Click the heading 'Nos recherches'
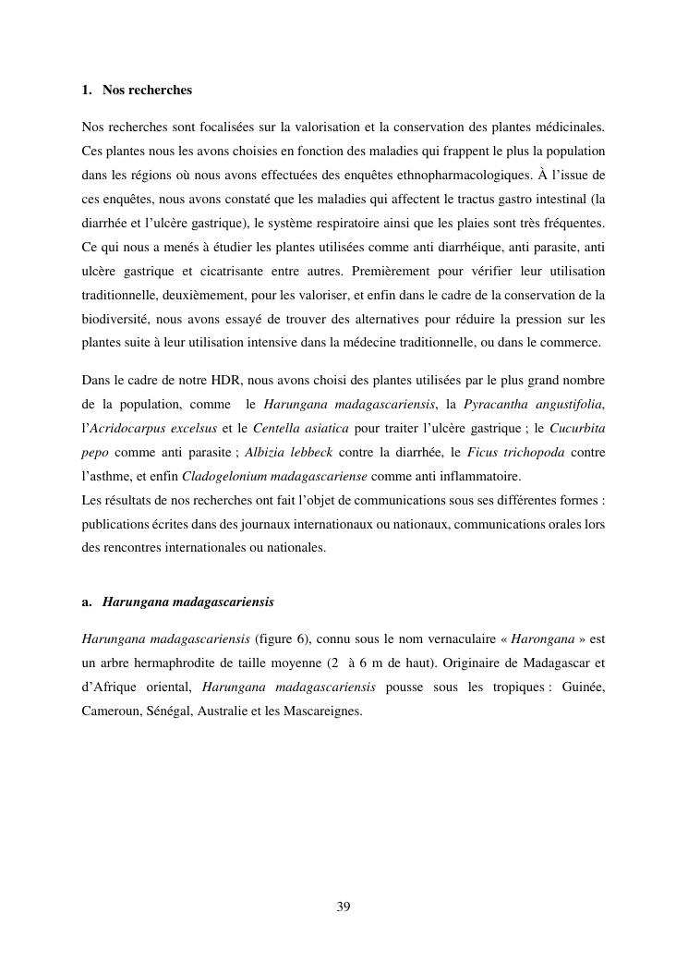pos(147,91)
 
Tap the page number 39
pos(344,906)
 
